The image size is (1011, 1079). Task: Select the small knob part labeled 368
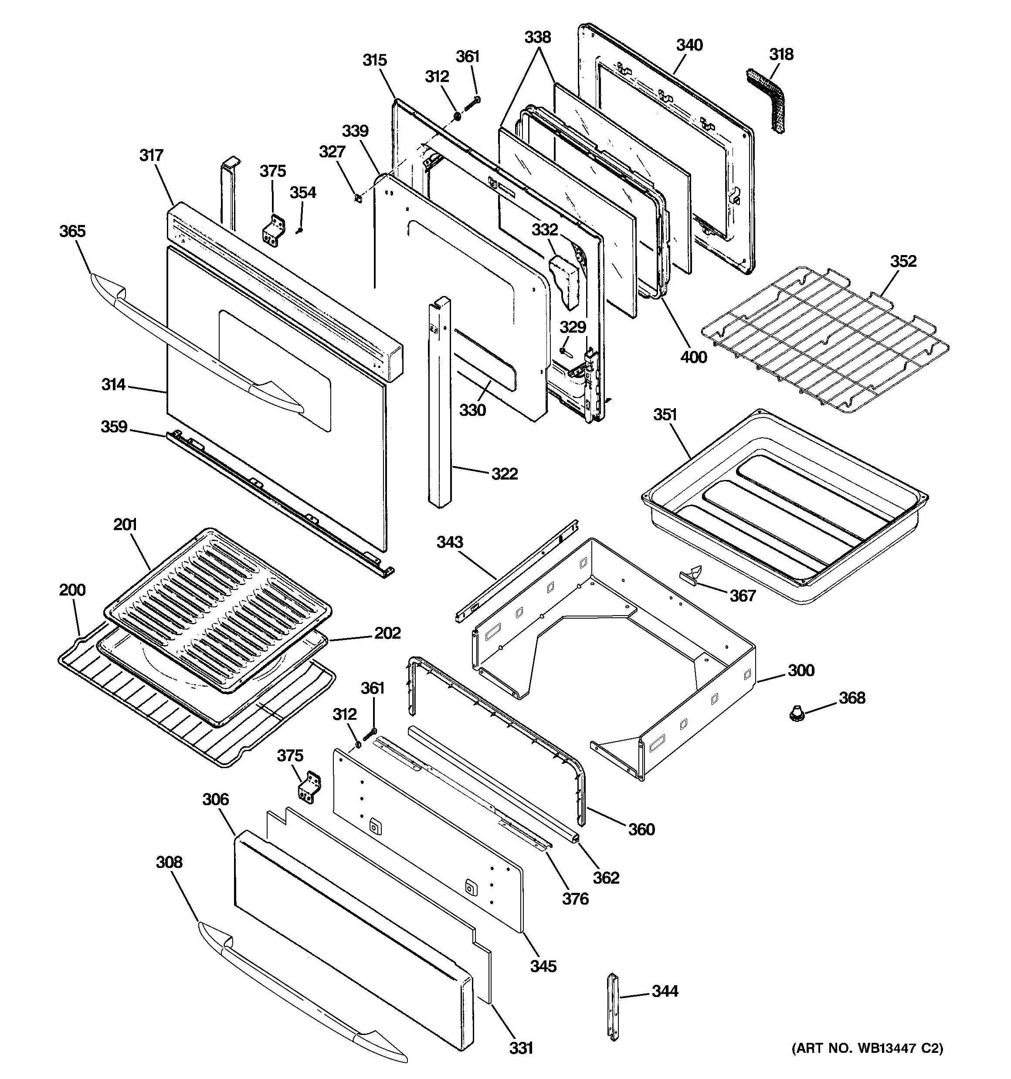pyautogui.click(x=796, y=711)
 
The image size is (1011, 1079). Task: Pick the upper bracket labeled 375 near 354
pyautogui.click(x=272, y=230)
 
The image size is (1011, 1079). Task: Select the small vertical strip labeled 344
pyautogui.click(x=613, y=1007)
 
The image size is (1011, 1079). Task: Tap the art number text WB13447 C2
pyautogui.click(x=867, y=1063)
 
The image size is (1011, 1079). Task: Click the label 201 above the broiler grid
pyautogui.click(x=126, y=524)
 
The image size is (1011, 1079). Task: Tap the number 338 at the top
pyautogui.click(x=537, y=37)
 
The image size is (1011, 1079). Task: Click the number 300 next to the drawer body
pyautogui.click(x=801, y=671)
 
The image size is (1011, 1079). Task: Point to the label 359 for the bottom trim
pyautogui.click(x=114, y=427)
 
